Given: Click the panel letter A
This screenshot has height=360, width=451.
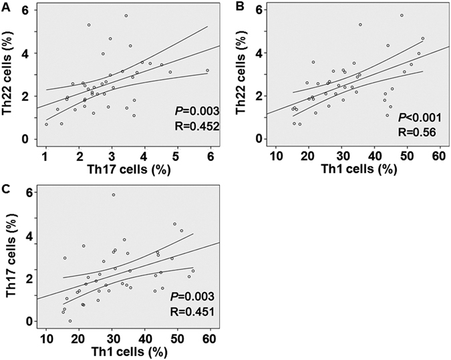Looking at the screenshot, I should (x=6, y=7).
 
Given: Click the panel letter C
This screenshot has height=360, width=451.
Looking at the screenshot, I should (x=6, y=188).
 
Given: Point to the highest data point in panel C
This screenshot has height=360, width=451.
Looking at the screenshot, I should (x=114, y=195).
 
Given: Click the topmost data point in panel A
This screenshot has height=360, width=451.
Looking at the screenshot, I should (x=126, y=15).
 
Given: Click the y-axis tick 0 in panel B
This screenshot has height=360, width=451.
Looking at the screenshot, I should (x=259, y=139).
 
